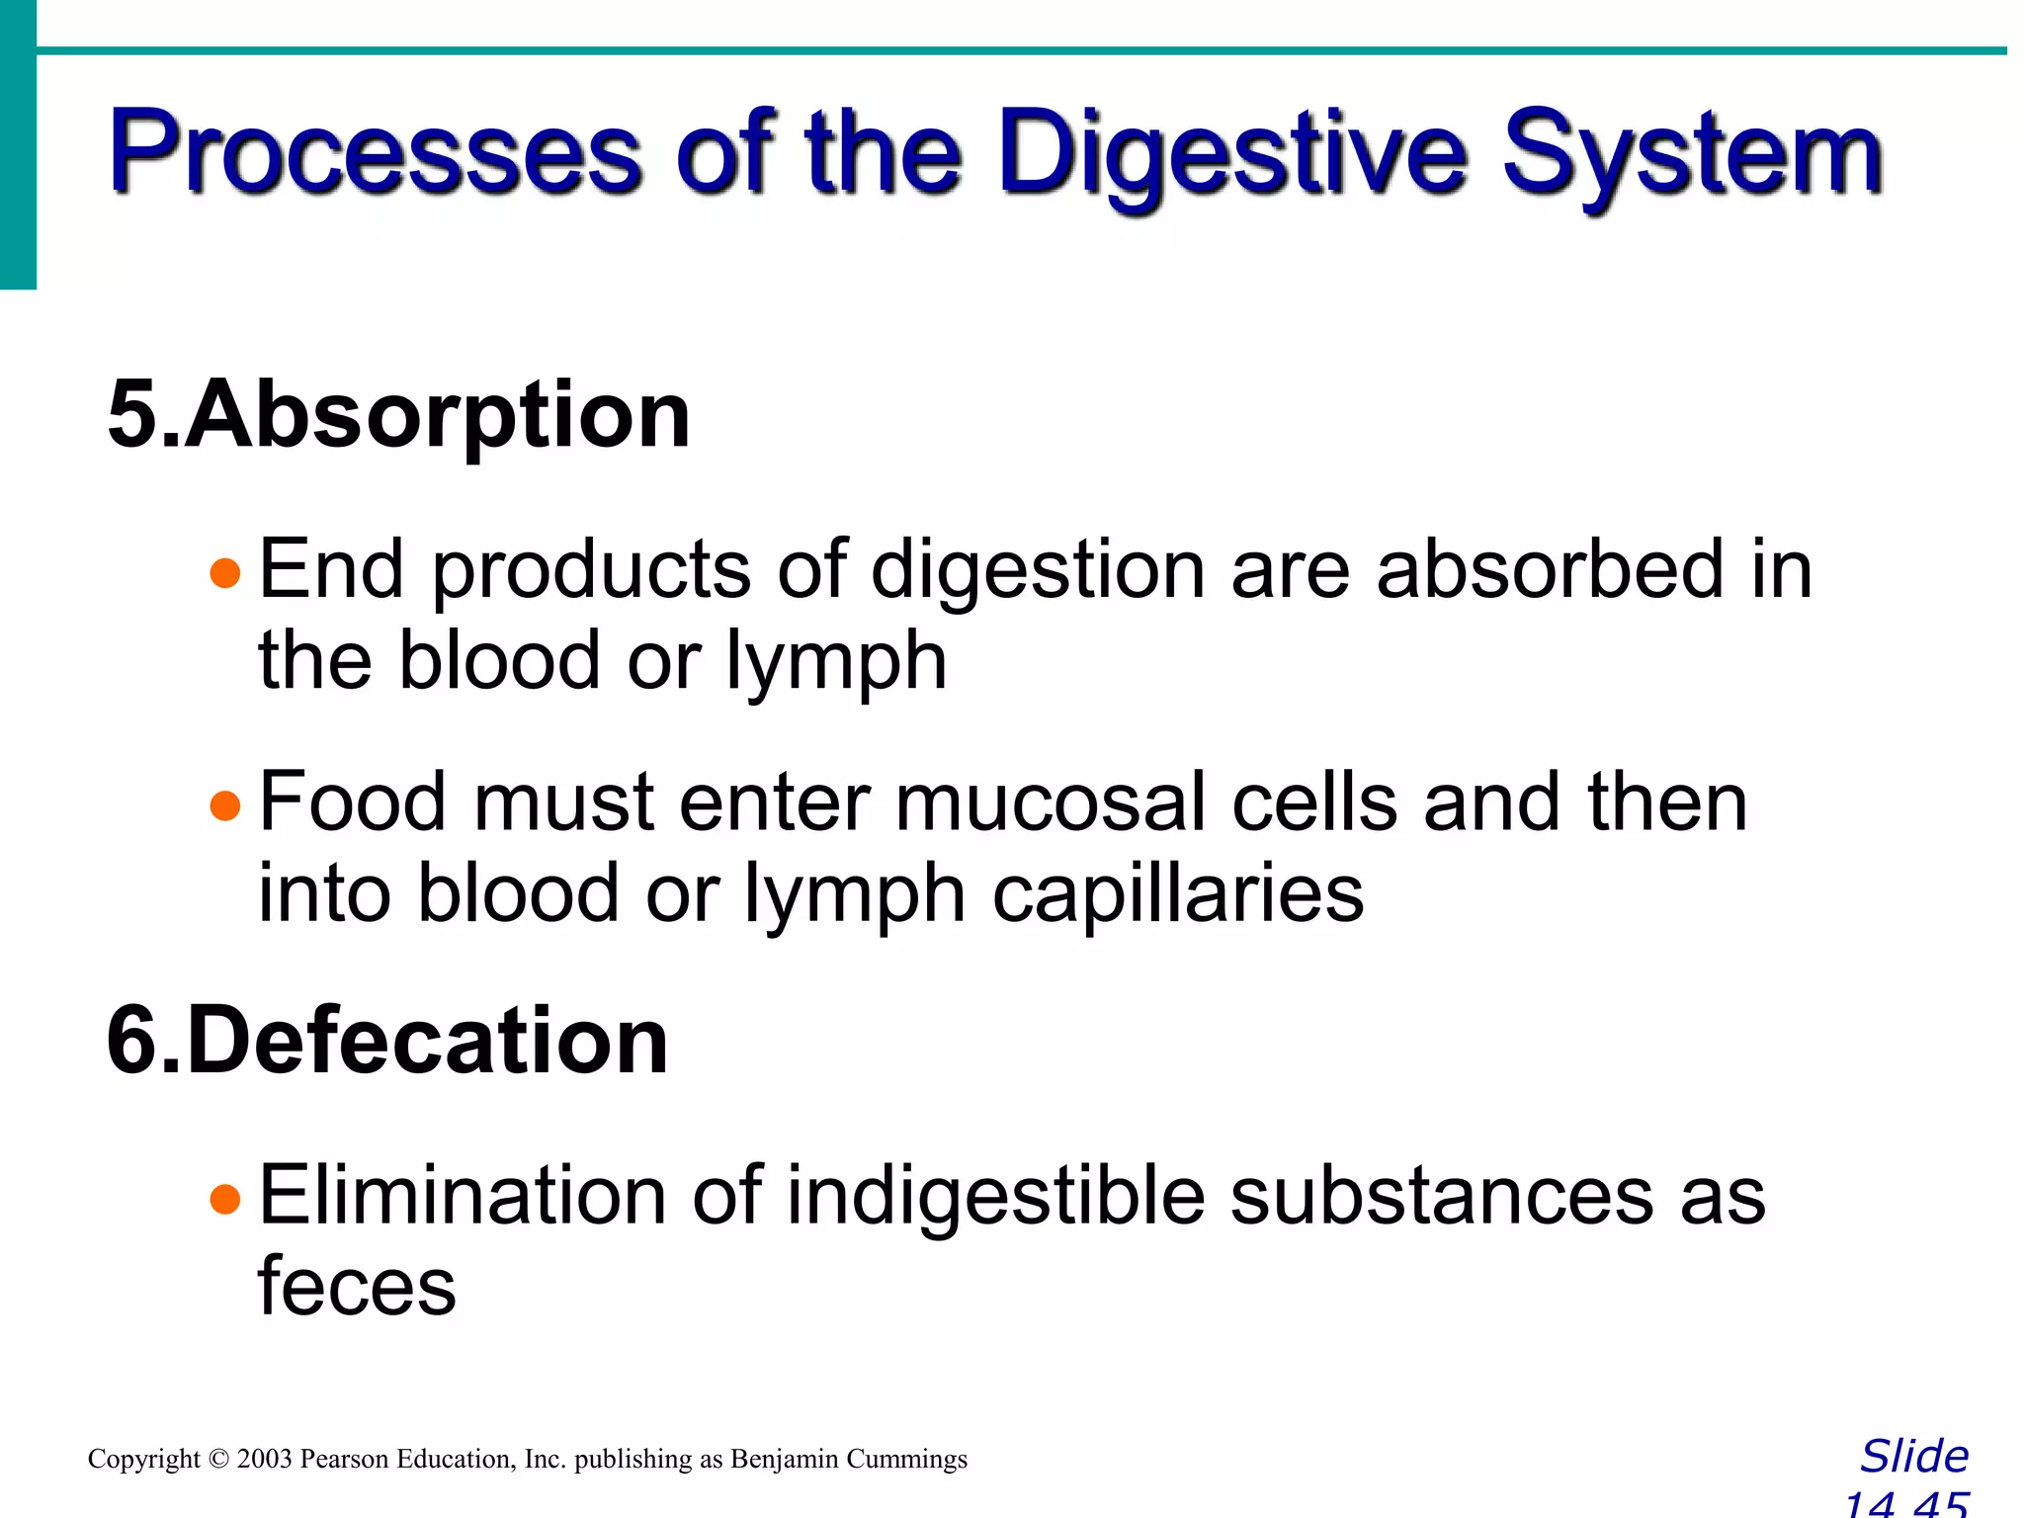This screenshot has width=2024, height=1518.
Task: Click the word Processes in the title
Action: point(377,153)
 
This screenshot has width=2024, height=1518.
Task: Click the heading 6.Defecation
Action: point(387,1041)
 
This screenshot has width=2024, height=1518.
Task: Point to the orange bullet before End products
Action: point(225,573)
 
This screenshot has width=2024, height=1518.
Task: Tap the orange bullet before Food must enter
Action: point(225,806)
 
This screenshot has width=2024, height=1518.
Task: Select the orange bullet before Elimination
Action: point(225,1200)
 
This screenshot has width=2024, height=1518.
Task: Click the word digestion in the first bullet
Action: point(1037,571)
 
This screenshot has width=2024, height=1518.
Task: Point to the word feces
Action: point(357,1287)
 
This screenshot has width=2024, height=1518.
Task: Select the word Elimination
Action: point(462,1196)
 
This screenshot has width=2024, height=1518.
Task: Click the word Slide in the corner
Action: point(1914,1457)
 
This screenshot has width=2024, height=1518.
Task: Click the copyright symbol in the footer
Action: point(218,1460)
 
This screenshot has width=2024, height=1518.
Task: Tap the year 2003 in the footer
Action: point(264,1460)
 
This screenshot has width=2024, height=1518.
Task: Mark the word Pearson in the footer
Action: point(345,1460)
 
